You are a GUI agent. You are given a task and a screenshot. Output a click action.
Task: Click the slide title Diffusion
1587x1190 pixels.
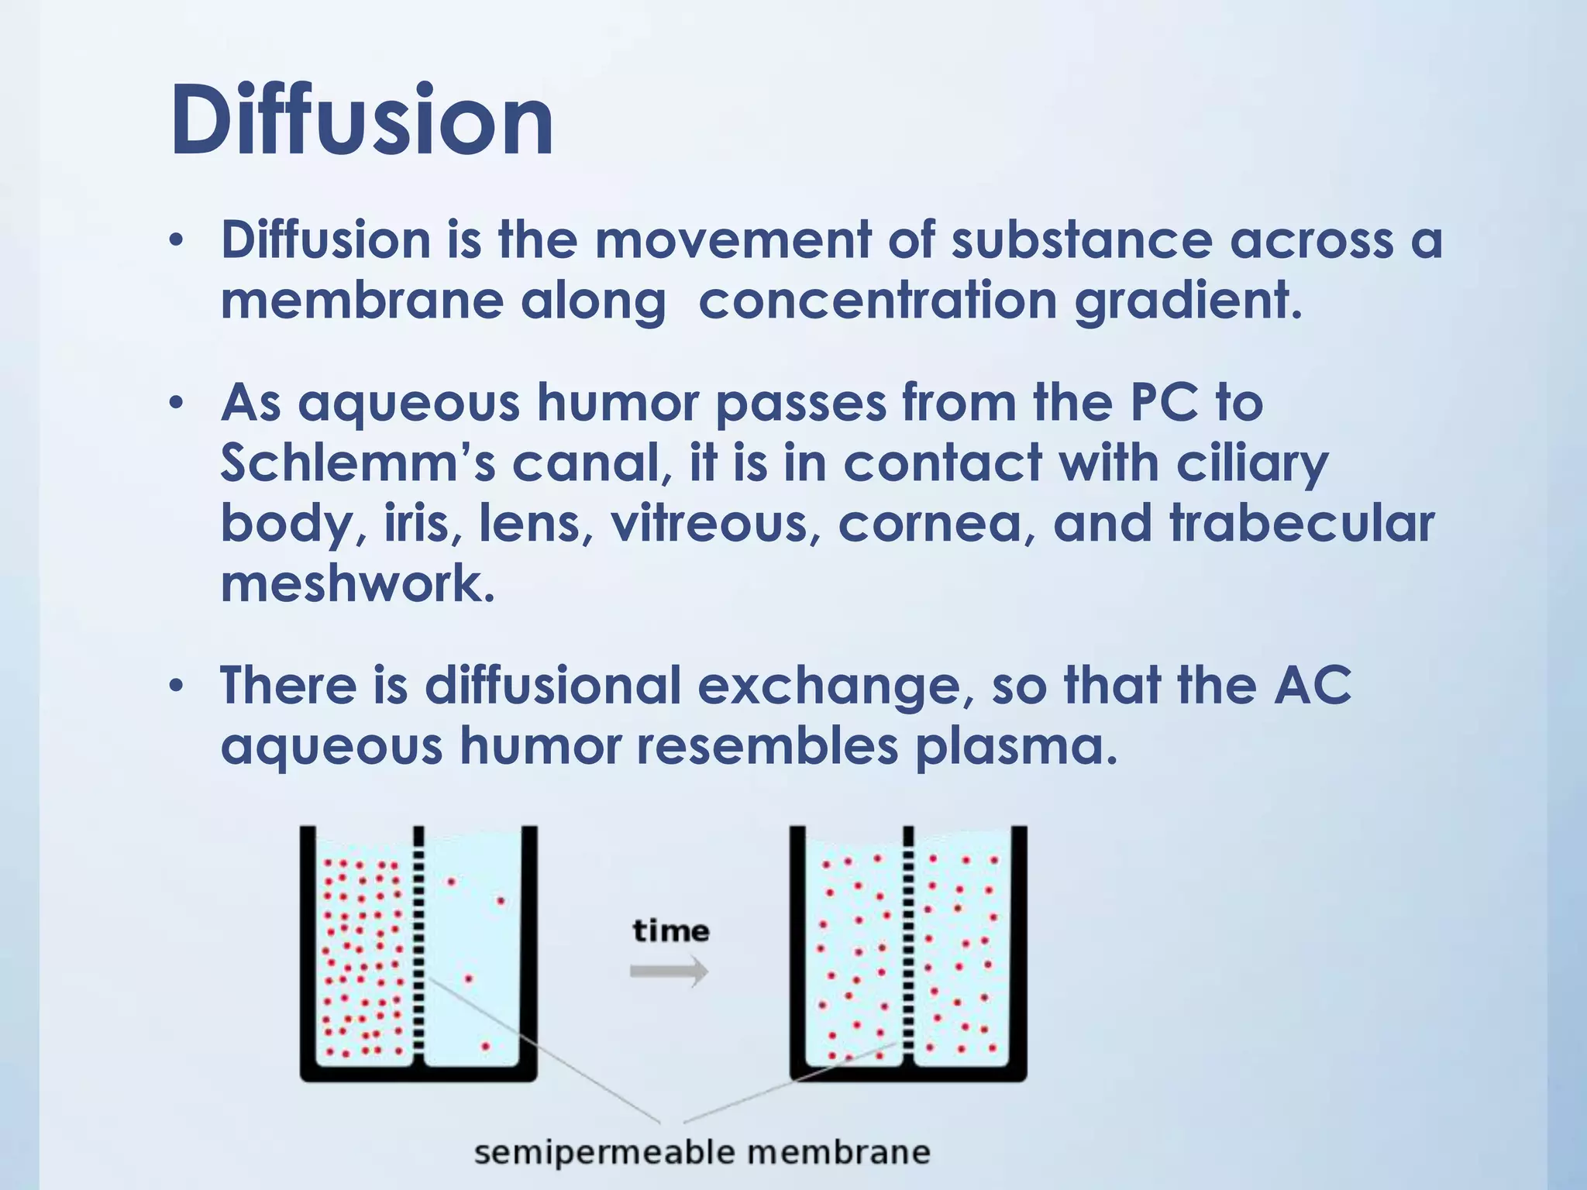click(x=361, y=120)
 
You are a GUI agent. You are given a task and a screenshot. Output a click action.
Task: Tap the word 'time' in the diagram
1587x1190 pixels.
click(x=670, y=930)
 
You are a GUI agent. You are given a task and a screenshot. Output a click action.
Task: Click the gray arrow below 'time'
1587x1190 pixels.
click(x=669, y=971)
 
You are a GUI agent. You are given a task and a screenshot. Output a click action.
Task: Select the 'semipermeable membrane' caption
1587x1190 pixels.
click(x=701, y=1152)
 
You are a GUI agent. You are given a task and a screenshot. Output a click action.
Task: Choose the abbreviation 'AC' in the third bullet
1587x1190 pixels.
click(x=1312, y=685)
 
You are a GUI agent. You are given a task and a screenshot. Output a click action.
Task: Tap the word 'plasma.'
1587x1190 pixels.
click(x=1017, y=745)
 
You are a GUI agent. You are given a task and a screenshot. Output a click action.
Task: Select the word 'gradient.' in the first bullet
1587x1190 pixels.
click(x=1188, y=301)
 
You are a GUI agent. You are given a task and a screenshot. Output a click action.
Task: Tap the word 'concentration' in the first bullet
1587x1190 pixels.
click(x=877, y=301)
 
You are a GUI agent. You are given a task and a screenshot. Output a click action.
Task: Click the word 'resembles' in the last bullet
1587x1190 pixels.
click(x=767, y=745)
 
